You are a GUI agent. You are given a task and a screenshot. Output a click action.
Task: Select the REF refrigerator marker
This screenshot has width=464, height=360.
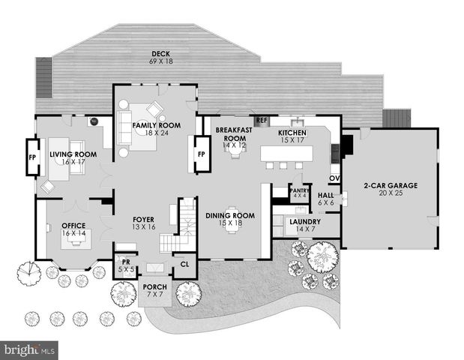(x=261, y=120)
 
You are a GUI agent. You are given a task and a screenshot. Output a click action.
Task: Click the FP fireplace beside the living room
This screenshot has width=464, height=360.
(x=32, y=157)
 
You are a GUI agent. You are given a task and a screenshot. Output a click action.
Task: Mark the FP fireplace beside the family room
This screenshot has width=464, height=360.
(x=201, y=154)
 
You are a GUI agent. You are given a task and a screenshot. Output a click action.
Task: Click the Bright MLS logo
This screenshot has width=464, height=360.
(x=30, y=350)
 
